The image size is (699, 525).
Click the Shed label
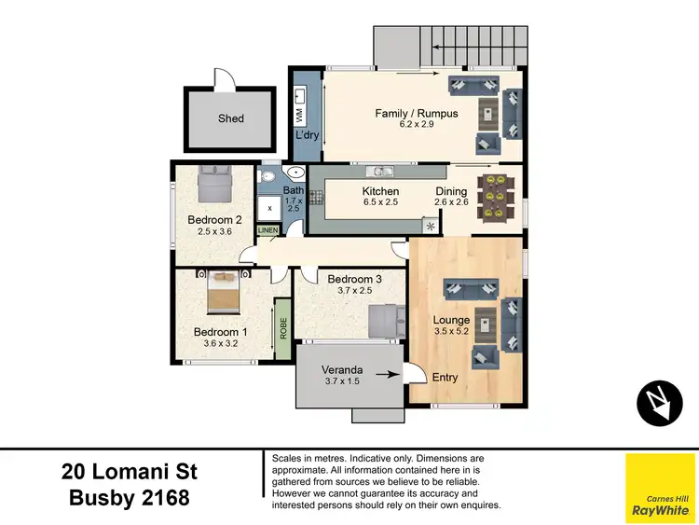[x=231, y=118]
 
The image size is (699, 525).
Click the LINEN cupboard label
[x=267, y=229]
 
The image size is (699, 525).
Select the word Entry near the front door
[x=445, y=377]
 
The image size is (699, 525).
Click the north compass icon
[x=661, y=402]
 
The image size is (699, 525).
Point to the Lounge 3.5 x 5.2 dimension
[x=452, y=331]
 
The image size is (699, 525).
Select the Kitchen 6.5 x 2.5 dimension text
[x=380, y=201]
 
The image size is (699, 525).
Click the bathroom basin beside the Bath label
[x=295, y=173]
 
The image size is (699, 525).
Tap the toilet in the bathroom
[x=267, y=178]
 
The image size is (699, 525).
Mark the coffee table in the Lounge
[x=485, y=325]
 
